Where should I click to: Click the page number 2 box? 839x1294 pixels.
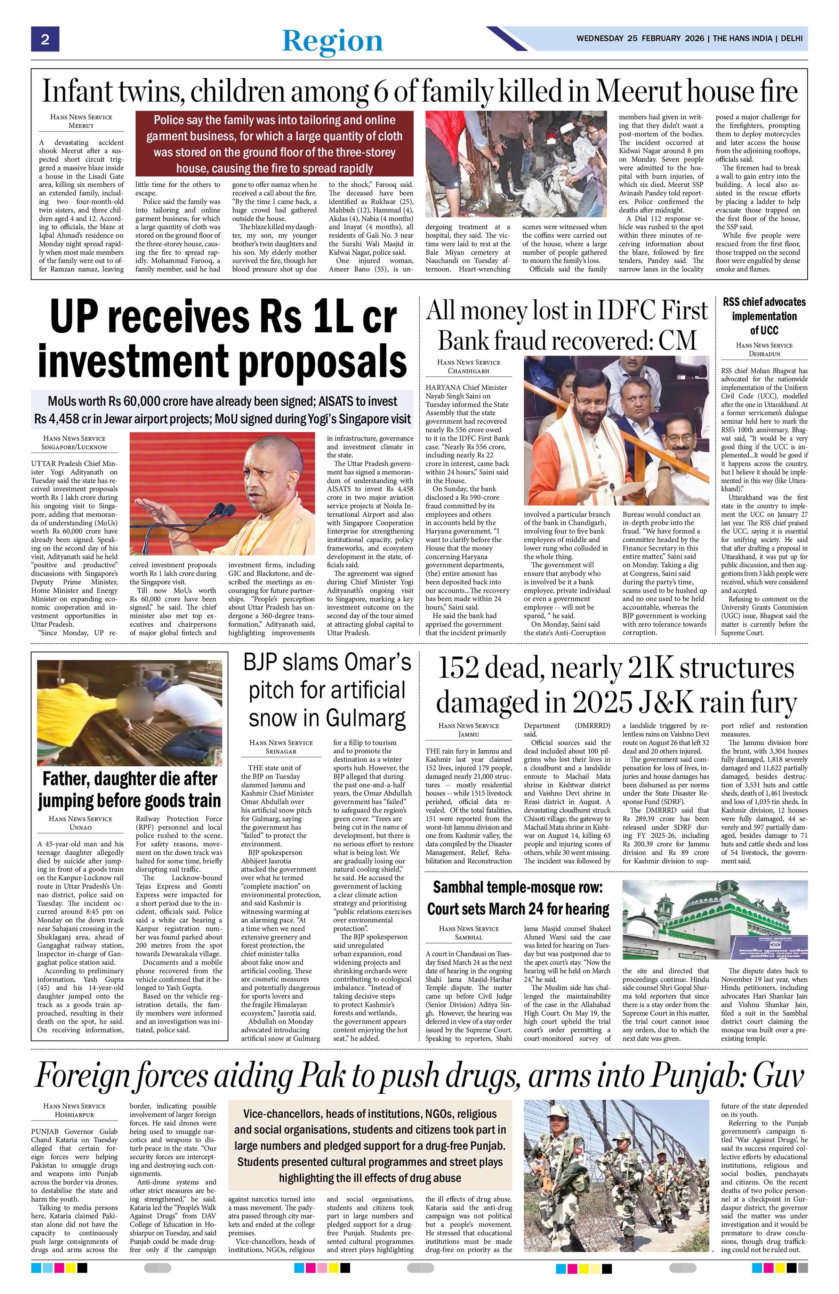pyautogui.click(x=45, y=39)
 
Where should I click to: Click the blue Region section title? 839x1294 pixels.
pyautogui.click(x=332, y=41)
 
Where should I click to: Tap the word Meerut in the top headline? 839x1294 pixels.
pyautogui.click(x=645, y=91)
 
